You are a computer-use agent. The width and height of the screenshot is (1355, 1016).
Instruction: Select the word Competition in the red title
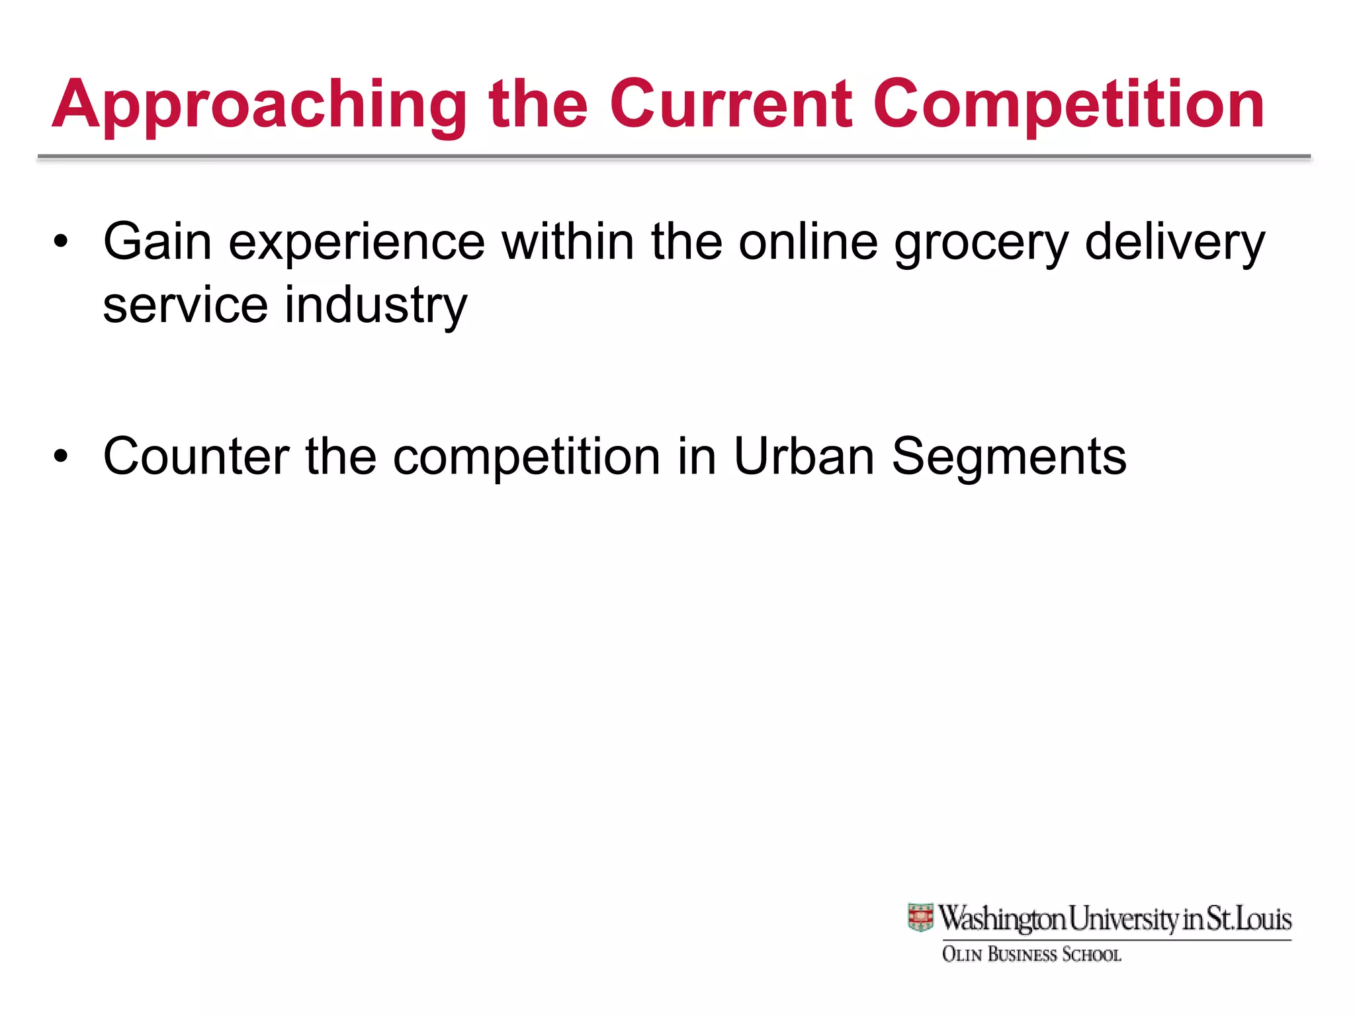click(x=1069, y=106)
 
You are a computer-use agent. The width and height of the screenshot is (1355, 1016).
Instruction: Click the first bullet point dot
click(x=61, y=242)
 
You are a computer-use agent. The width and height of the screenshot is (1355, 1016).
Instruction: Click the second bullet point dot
click(x=61, y=456)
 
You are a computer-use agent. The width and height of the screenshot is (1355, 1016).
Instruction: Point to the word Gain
click(x=157, y=242)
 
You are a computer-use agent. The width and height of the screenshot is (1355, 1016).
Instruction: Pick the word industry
click(x=375, y=306)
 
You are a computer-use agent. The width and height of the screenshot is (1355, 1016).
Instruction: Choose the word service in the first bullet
click(x=185, y=306)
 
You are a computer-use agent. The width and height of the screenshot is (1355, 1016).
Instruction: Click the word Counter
click(x=196, y=456)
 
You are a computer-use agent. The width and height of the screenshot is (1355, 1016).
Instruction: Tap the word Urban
click(x=804, y=456)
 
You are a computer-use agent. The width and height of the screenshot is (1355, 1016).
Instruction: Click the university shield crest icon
click(x=920, y=918)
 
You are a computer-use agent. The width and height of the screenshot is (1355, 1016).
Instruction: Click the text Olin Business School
click(x=1031, y=954)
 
